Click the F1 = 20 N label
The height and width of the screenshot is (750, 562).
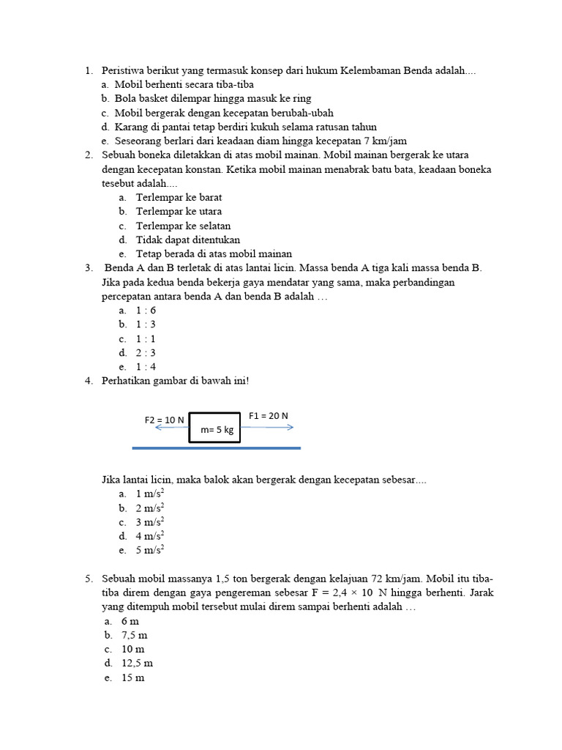coord(269,415)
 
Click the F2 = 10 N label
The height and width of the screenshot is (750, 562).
coord(164,420)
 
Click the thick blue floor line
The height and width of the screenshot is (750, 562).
coord(216,446)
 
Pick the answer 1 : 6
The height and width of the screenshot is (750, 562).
coord(146,310)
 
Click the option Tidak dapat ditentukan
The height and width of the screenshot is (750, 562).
coord(188,240)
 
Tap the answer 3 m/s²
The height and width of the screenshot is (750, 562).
coord(149,522)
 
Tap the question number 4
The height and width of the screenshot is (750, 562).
coord(88,380)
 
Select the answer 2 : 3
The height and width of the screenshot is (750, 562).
coord(146,352)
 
